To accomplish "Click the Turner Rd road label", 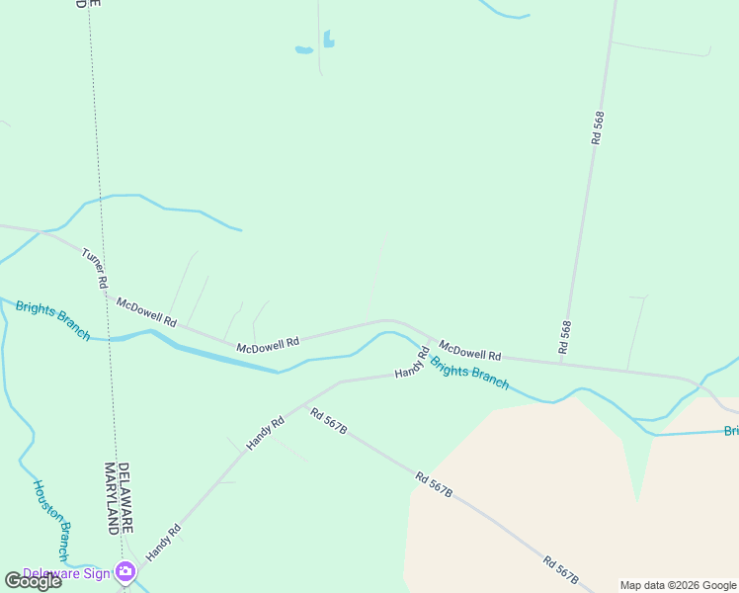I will tap(94, 269).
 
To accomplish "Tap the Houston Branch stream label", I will tap(50, 520).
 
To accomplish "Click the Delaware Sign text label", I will tap(66, 573).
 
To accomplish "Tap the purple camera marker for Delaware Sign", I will tap(124, 571).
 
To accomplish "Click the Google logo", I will tap(33, 581).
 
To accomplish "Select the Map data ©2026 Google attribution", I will tap(677, 585).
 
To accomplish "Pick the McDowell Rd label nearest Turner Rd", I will tap(145, 312).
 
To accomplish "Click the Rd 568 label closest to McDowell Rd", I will tap(566, 337).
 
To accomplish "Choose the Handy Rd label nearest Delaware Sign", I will tap(164, 543).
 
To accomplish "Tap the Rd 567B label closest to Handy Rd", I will tap(328, 421).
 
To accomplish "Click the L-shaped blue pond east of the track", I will tap(328, 40).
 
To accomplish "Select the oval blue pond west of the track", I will tap(303, 48).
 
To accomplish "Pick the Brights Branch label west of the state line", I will tap(52, 320).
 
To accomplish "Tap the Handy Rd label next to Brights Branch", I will tap(412, 363).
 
